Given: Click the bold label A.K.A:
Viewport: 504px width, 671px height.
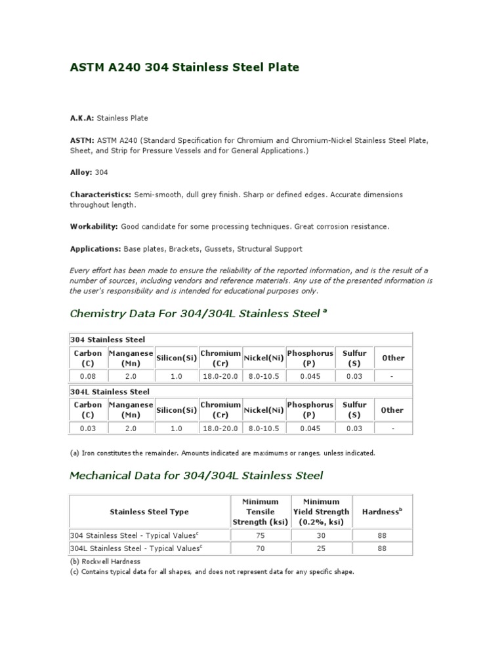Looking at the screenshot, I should pos(82,118).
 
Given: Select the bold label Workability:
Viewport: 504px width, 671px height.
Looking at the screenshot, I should pos(94,227).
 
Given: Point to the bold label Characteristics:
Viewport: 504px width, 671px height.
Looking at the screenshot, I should pos(100,195).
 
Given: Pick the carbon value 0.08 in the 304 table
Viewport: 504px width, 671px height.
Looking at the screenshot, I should pos(88,376).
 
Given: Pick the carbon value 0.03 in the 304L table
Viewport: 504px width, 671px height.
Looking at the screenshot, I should pos(88,428).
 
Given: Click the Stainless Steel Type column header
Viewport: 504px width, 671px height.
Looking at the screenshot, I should pos(149,512).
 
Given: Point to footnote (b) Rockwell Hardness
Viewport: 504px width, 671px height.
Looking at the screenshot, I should pos(105,562).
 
